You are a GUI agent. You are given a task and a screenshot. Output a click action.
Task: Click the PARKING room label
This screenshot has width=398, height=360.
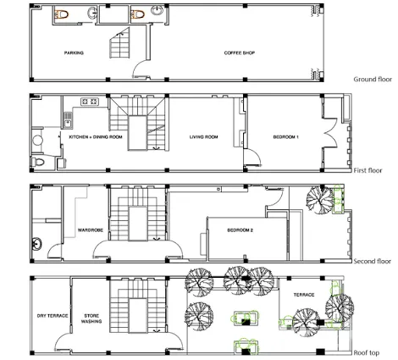click(x=74, y=53)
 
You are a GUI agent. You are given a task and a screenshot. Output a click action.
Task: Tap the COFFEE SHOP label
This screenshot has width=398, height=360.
click(x=240, y=53)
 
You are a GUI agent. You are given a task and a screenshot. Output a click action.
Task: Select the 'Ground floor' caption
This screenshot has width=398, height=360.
click(x=373, y=80)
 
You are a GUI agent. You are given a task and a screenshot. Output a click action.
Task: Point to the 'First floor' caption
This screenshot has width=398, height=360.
click(x=368, y=170)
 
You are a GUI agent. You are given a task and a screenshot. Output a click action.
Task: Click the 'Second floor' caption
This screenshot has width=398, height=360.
click(x=373, y=261)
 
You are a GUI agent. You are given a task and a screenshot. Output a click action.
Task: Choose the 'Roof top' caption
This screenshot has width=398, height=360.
click(x=367, y=352)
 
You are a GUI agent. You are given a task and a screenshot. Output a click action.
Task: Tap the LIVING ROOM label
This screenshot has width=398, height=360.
click(x=203, y=137)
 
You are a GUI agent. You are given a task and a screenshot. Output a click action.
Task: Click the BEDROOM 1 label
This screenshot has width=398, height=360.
click(x=285, y=137)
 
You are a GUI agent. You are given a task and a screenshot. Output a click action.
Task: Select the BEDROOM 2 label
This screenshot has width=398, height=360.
click(x=240, y=230)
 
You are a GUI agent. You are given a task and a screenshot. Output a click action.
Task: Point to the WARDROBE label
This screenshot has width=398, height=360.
click(x=91, y=230)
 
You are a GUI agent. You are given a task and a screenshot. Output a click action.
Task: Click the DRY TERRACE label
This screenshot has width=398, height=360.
click(x=53, y=316)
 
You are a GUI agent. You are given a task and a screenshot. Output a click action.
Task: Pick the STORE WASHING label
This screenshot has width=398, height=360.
click(x=91, y=318)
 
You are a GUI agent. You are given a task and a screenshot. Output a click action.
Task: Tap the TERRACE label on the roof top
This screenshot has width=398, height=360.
click(x=304, y=295)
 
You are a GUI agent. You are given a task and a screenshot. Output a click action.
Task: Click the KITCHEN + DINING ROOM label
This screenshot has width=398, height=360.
click(x=96, y=137)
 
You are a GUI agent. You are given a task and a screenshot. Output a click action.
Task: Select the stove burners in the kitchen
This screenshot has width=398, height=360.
click(x=90, y=102)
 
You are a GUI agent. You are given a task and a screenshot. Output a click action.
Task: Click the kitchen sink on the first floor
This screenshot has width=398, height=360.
click(x=68, y=120)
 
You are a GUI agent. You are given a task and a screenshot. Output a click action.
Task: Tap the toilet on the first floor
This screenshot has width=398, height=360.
click(x=37, y=163)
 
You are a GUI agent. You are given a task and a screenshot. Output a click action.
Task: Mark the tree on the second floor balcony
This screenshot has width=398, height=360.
click(x=320, y=199)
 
